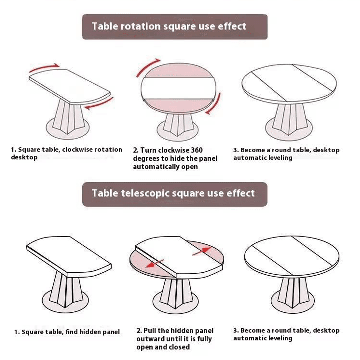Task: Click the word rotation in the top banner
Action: click(141, 26)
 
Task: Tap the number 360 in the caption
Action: click(197, 150)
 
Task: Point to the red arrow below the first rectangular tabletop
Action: click(99, 104)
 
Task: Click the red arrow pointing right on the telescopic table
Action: click(202, 251)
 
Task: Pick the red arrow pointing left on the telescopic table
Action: click(154, 264)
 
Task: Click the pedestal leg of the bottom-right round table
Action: click(293, 292)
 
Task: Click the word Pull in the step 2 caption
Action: click(150, 331)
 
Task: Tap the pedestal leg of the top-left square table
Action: click(67, 117)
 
